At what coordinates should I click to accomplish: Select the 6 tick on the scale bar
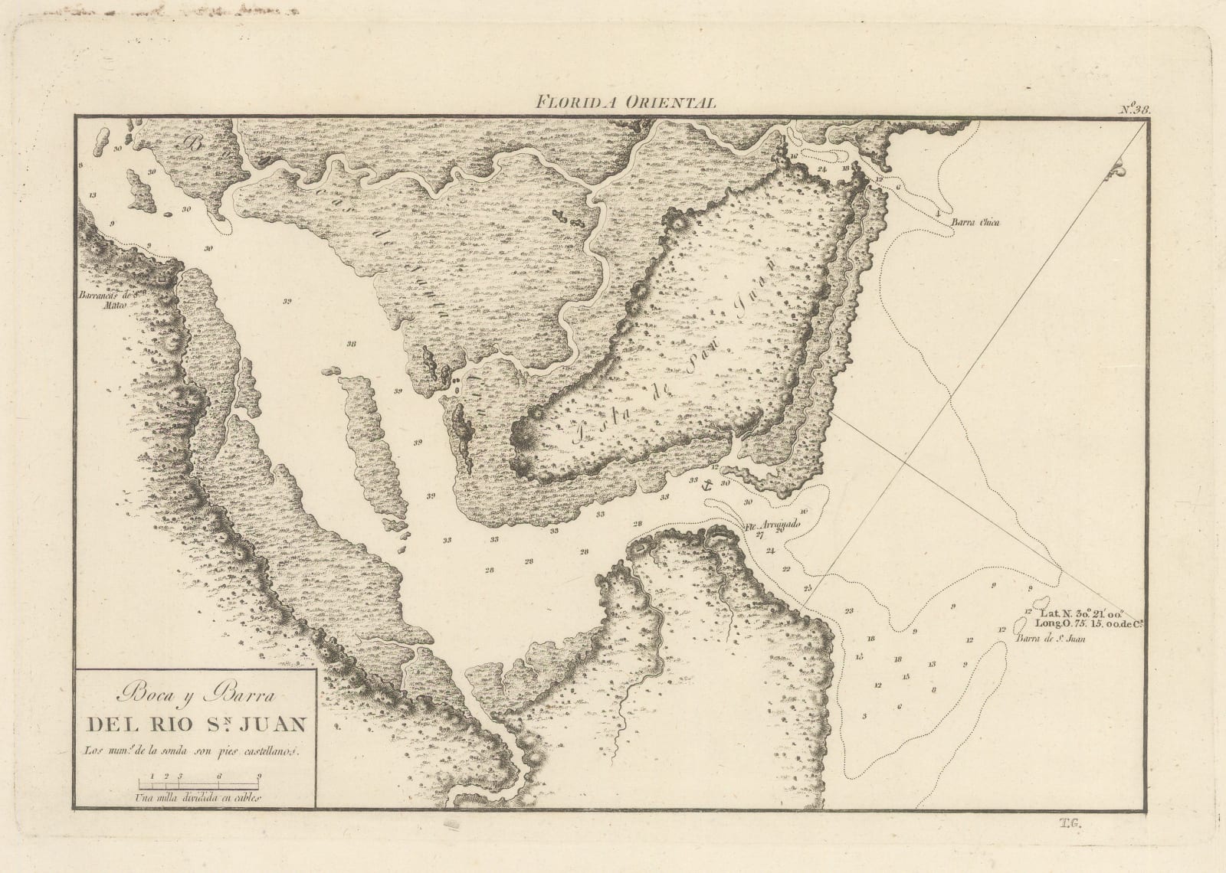point(219,777)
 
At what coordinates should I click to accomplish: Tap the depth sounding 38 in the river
point(351,344)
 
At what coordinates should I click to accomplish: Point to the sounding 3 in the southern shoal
point(864,716)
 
